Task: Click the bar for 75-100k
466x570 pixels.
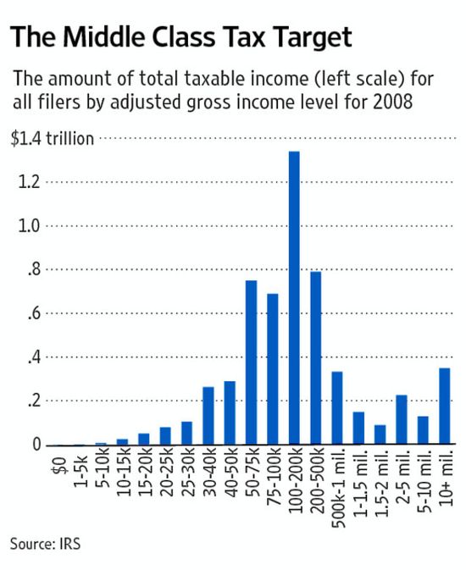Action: point(272,369)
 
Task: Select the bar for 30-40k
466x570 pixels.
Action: point(208,416)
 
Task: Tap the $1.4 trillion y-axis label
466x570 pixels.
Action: point(52,139)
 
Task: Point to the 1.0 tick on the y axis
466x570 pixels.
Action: point(29,226)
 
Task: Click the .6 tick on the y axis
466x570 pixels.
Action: point(31,313)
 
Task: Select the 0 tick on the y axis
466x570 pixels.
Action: point(35,445)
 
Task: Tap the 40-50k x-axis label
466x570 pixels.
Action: point(230,474)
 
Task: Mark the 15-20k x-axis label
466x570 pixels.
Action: point(143,474)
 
